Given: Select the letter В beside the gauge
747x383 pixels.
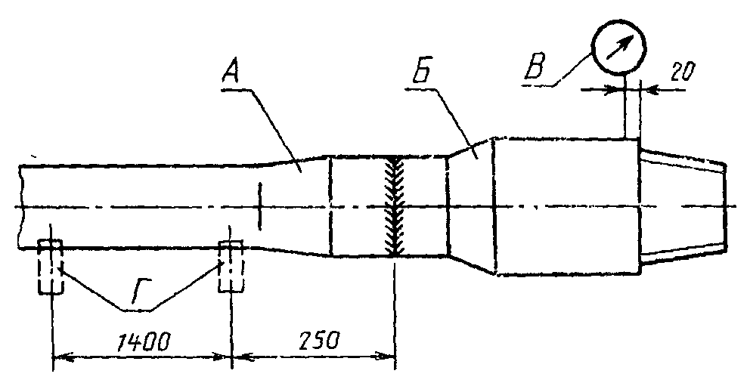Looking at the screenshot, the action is [534, 66].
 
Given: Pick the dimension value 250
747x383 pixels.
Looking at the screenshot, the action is [319, 341].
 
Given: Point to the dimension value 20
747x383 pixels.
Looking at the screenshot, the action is [683, 71].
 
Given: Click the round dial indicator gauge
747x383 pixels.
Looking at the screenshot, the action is [618, 48].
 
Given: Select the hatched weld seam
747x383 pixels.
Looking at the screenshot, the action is [395, 207].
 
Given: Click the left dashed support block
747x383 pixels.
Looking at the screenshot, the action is [50, 267].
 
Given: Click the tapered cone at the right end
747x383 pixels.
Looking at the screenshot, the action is [682, 206].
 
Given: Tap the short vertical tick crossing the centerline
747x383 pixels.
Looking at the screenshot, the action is [260, 205].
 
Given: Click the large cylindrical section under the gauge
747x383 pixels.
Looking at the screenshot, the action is [567, 206].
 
